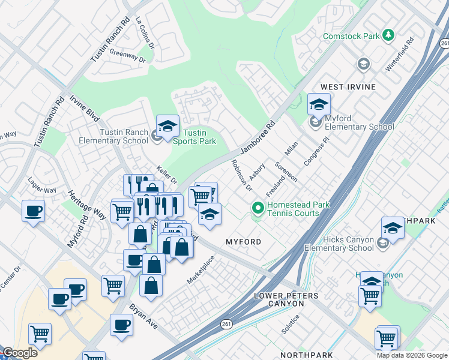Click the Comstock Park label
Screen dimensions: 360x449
[x=351, y=36]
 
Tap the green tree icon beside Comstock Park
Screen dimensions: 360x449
[x=388, y=35]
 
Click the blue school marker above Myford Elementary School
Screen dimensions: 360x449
[x=319, y=104]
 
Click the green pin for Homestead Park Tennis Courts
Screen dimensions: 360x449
[x=258, y=208]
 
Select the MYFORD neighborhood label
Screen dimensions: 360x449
[x=243, y=242]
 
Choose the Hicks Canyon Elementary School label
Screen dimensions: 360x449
[x=339, y=244]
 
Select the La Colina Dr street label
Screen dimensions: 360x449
[x=145, y=34]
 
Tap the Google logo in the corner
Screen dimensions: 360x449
[x=20, y=353]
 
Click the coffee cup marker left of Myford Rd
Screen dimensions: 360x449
[x=33, y=211]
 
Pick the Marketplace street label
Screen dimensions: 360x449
[x=200, y=271]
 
